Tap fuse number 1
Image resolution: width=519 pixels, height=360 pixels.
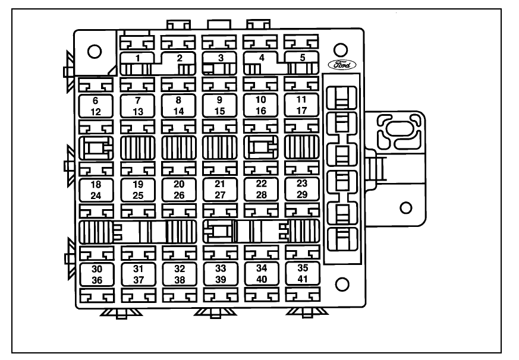coord(138,58)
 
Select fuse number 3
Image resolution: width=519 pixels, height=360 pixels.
coord(221,58)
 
